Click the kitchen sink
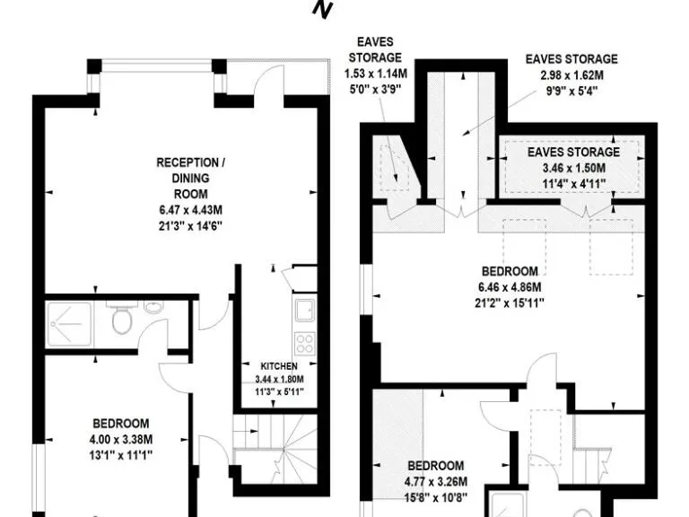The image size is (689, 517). (x=303, y=311)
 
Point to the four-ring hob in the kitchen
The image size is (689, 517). (x=303, y=341)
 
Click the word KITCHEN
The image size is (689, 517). (x=279, y=366)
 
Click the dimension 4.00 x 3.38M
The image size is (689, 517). (x=121, y=440)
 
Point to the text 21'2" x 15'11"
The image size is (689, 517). (x=510, y=302)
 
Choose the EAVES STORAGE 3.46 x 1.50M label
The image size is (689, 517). (x=573, y=152)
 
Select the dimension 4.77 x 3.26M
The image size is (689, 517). (x=436, y=481)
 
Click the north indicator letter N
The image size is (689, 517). (x=323, y=9)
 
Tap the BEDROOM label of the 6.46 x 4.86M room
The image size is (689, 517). (x=510, y=271)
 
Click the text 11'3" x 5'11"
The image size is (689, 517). (x=279, y=391)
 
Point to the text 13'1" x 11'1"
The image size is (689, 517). (x=121, y=455)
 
